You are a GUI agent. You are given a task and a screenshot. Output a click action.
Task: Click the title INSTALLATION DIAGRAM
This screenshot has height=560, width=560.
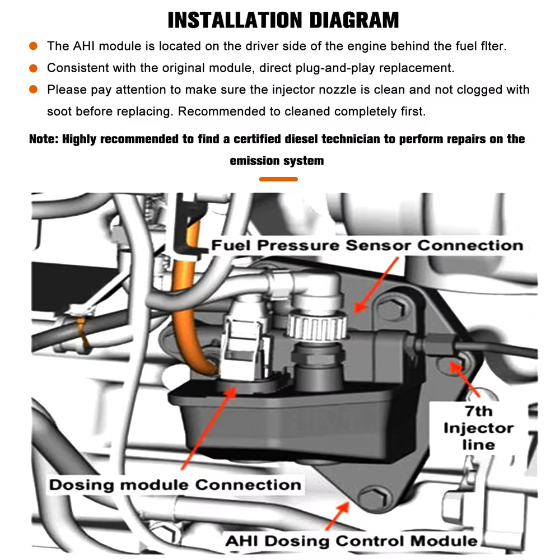click(283, 20)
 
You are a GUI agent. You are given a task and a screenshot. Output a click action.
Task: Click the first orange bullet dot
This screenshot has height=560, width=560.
click(34, 46)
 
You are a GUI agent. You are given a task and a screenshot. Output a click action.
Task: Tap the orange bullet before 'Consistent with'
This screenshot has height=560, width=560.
click(34, 68)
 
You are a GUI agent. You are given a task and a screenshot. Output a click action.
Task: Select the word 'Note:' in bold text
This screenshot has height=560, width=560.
click(44, 139)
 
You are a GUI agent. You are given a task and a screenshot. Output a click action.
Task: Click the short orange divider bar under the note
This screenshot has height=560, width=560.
click(279, 179)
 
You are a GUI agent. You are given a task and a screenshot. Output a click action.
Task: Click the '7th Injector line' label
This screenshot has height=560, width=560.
click(478, 428)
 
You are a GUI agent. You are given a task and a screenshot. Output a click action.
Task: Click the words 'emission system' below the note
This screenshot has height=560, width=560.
click(277, 161)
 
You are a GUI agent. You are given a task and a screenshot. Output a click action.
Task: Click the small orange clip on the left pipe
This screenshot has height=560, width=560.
click(83, 333)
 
